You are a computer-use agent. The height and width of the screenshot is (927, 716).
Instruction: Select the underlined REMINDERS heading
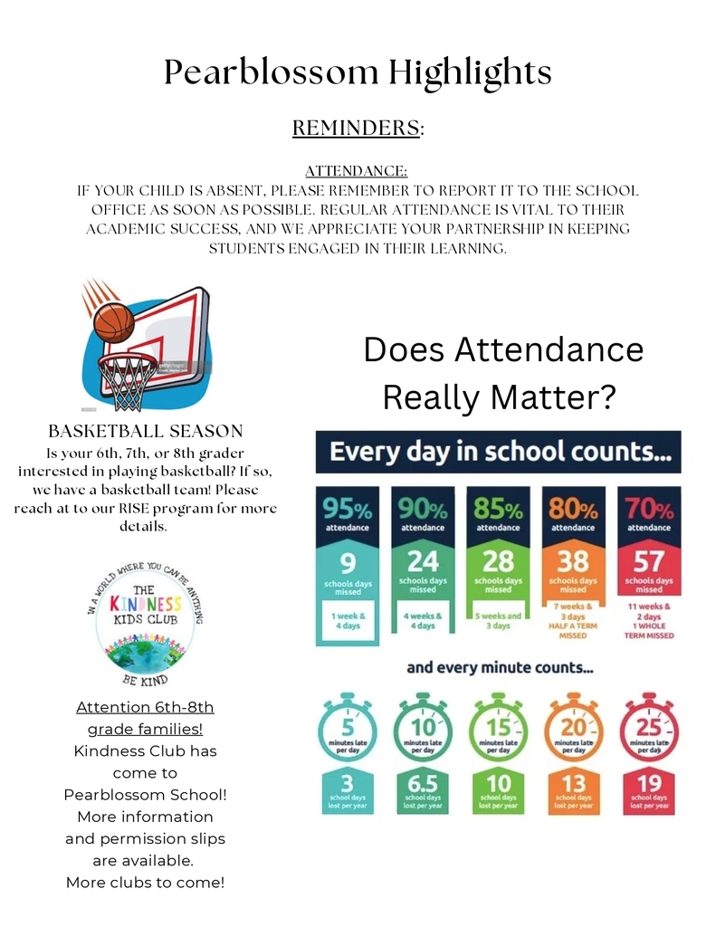tap(356, 129)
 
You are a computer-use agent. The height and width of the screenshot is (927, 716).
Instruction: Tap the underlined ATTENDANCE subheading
tap(356, 170)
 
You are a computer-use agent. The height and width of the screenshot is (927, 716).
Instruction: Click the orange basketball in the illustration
tap(113, 322)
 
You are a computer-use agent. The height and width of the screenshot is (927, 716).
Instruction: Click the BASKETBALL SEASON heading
tap(145, 432)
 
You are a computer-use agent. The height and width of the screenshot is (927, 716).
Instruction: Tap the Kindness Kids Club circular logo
tap(145, 625)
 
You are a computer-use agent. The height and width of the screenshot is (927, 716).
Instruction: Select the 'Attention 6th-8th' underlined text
tap(145, 707)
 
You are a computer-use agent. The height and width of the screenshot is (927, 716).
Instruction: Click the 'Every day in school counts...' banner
tap(498, 452)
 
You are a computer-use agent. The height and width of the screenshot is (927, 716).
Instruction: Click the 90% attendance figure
tap(423, 511)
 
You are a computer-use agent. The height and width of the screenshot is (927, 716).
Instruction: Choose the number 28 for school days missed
tap(498, 561)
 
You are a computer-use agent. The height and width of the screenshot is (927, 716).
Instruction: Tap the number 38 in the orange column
tap(573, 561)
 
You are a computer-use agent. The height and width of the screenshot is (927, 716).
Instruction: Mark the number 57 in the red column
tap(648, 561)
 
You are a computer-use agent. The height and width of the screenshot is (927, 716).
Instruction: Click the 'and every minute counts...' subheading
tap(500, 668)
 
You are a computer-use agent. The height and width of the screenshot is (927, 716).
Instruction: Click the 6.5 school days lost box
tap(423, 790)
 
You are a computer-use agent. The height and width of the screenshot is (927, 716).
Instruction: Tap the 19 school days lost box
tap(648, 790)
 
